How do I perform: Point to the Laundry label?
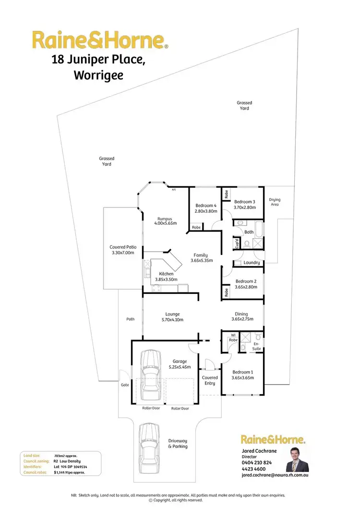(x=252, y=263)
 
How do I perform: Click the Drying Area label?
(x=275, y=202)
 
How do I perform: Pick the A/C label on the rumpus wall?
(x=174, y=190)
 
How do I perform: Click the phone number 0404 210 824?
(x=257, y=462)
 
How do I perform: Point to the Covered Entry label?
(x=209, y=380)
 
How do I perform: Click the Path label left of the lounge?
(x=131, y=318)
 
